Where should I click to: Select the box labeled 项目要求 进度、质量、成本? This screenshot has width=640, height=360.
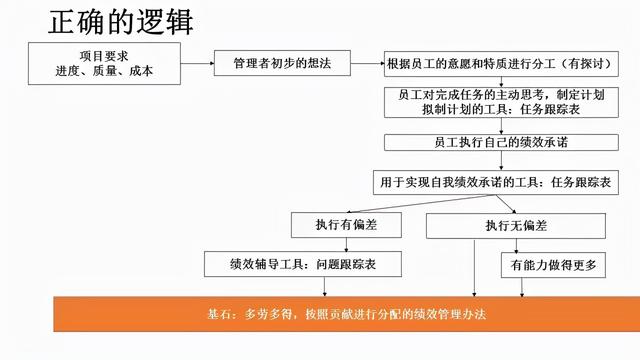point(104,64)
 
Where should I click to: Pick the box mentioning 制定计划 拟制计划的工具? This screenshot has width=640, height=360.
point(507,102)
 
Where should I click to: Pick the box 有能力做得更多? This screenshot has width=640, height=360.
point(549,264)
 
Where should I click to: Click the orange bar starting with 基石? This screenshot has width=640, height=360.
point(341,314)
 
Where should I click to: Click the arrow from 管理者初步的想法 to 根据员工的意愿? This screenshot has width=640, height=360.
point(369,63)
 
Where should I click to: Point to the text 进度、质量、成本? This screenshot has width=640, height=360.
point(104,72)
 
